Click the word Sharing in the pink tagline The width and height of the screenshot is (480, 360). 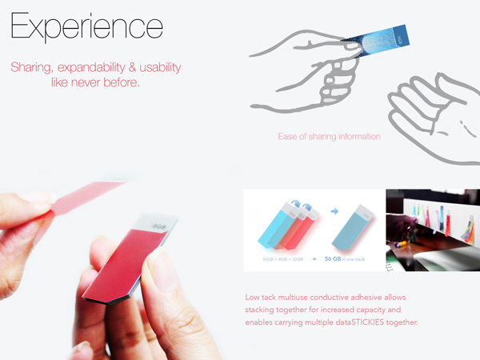click(31, 67)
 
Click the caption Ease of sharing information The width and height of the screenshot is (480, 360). click(330, 136)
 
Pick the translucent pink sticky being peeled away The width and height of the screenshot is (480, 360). click(88, 200)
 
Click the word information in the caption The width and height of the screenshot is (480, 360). click(358, 136)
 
